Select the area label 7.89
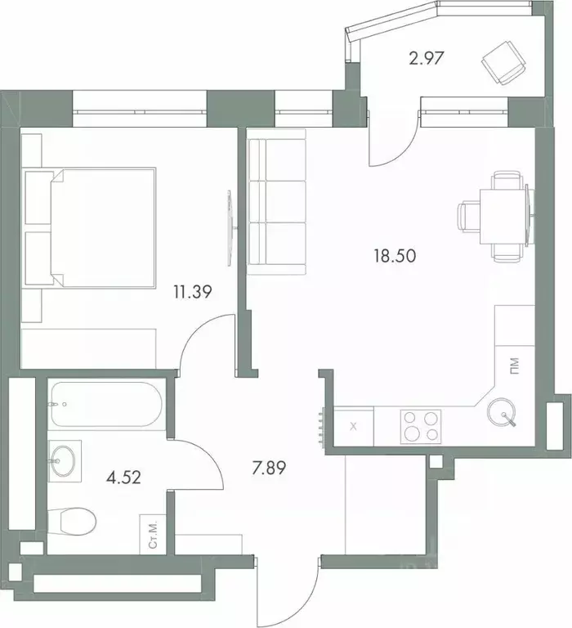(270, 471)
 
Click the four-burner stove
(419, 425)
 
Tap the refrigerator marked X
(353, 426)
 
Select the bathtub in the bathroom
(107, 403)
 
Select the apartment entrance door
(286, 593)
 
